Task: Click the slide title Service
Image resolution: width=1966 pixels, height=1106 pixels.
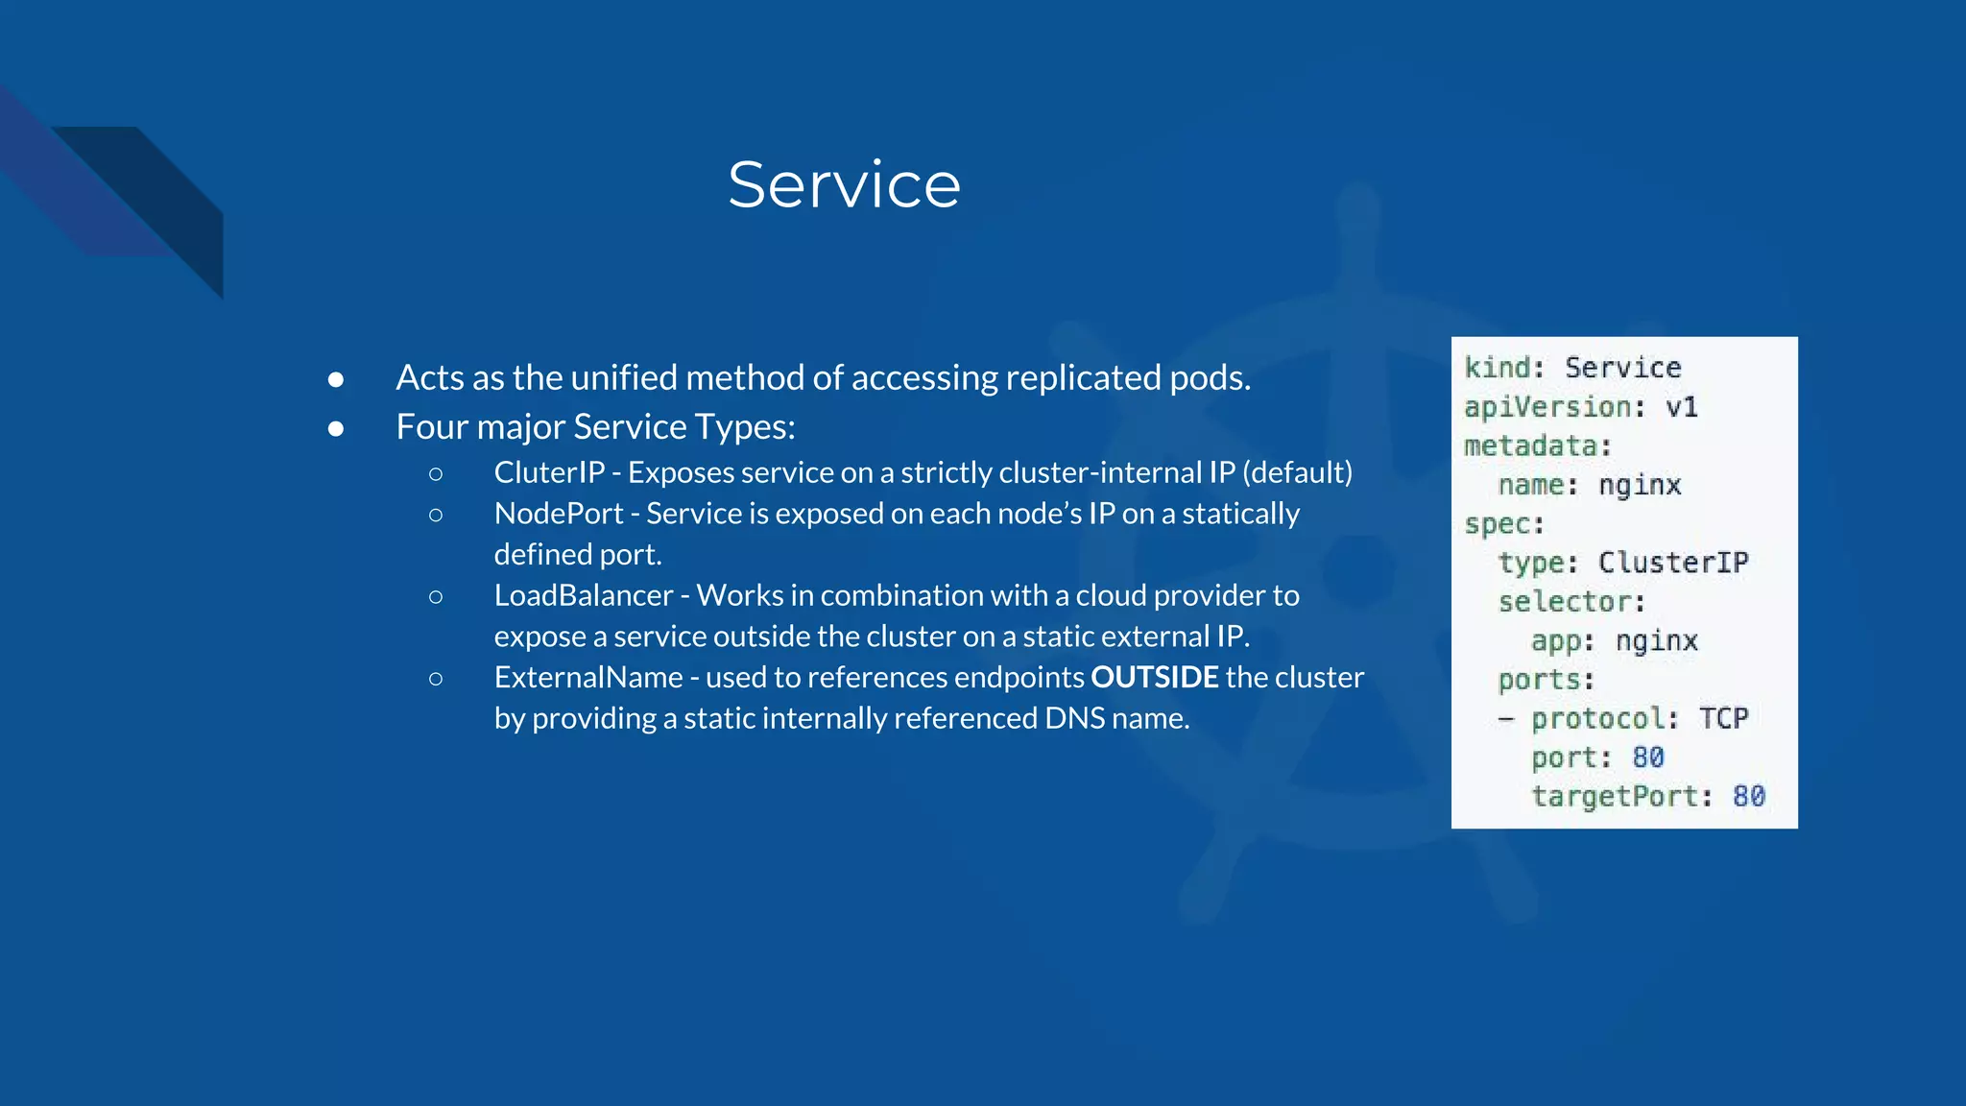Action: (844, 184)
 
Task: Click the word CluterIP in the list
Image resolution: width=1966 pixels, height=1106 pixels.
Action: (549, 472)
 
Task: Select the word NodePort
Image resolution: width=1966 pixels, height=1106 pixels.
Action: (559, 514)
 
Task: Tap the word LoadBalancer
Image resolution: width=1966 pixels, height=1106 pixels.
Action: (583, 595)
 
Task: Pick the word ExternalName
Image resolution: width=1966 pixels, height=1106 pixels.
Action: (587, 677)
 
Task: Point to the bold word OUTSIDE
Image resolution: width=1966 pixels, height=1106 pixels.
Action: (1154, 677)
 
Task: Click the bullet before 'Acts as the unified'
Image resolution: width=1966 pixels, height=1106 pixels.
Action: (335, 380)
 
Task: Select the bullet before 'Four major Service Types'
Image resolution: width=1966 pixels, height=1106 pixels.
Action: (335, 429)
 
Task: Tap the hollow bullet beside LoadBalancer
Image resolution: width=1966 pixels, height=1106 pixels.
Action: (436, 597)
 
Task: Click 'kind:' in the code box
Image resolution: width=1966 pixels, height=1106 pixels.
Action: (1503, 368)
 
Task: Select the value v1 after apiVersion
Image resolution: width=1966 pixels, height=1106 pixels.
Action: (1681, 407)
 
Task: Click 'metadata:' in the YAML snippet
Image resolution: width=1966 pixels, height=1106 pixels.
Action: (1537, 446)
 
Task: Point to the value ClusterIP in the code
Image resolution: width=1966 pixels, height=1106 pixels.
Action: (1672, 563)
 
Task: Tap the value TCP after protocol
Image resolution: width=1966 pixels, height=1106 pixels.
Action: (1723, 718)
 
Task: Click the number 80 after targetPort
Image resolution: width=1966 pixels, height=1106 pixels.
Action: (1748, 796)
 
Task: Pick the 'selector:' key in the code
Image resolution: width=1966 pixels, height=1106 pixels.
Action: (1571, 602)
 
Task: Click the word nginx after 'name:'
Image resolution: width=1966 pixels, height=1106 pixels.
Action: (1639, 486)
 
